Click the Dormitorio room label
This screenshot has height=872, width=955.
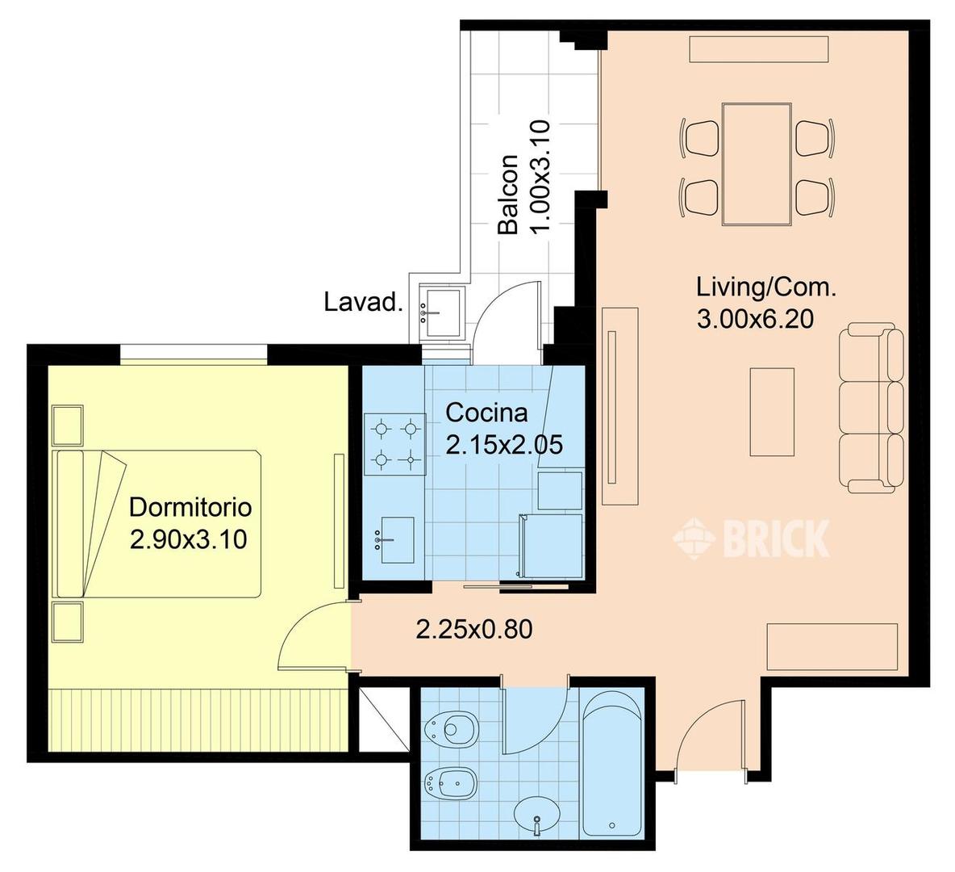pos(190,507)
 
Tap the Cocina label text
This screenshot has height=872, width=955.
pos(486,413)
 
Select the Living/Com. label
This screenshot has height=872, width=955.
pos(766,287)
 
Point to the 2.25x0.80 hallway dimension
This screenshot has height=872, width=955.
pos(473,629)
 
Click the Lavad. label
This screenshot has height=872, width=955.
pos(363,302)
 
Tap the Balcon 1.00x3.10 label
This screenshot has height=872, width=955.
pos(523,178)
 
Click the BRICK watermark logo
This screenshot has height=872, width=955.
pos(752,539)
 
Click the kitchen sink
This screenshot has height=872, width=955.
pos(394,540)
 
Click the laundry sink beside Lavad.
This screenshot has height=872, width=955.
pos(441,312)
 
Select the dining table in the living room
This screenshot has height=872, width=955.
pos(757,164)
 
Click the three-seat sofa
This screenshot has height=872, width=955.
pos(871,408)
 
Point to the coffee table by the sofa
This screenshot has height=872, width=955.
pos(772,412)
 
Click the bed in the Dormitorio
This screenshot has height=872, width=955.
pos(157,524)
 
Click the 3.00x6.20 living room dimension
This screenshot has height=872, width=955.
pos(755,319)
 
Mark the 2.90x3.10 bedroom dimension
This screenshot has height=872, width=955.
pos(188,539)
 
